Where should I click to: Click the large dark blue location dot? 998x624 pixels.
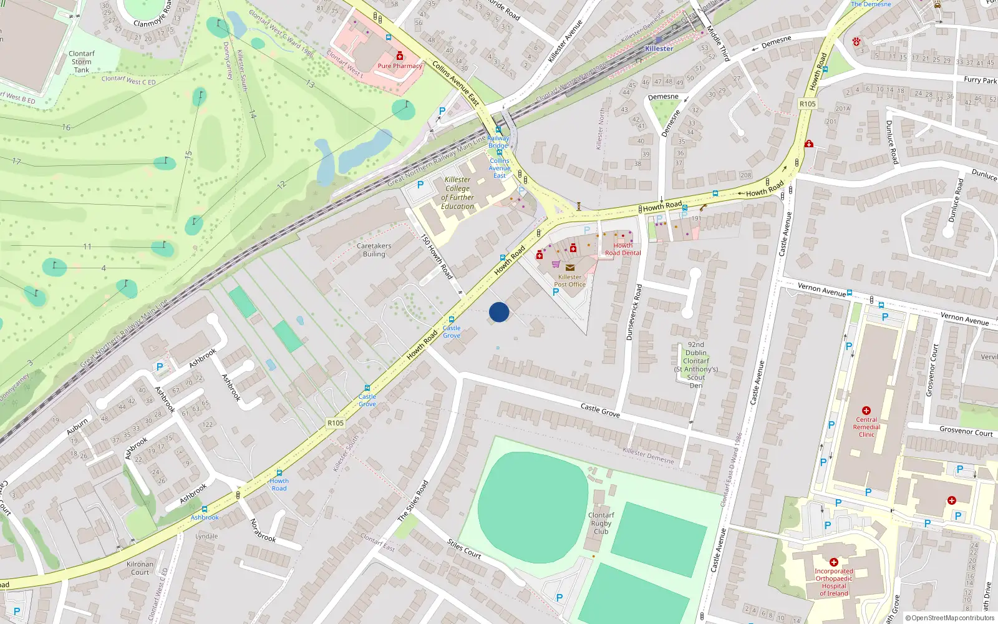point(499,312)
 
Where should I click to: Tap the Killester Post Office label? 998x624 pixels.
point(569,281)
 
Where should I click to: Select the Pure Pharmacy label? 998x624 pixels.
point(400,66)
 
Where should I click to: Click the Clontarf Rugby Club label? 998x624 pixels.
point(601,524)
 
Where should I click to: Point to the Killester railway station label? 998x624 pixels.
point(659,49)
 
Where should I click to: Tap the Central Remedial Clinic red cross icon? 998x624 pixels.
point(866,411)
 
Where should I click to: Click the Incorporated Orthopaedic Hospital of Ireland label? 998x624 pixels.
point(834,582)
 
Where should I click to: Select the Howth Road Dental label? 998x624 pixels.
point(623,249)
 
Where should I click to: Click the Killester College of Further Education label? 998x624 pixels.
point(458,193)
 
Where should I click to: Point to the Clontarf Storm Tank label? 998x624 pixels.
point(81,62)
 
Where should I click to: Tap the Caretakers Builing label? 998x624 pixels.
point(374,250)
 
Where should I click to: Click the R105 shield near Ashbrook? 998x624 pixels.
point(336,423)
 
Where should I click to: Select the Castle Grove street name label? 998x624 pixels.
point(600,410)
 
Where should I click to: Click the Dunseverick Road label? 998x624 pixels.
point(634,312)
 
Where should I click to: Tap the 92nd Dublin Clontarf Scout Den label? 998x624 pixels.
point(696,365)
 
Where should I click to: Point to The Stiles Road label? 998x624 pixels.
point(413,500)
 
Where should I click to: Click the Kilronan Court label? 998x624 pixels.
point(140,568)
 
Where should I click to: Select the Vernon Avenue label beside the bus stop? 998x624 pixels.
point(821,290)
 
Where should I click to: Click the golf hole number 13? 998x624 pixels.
point(310,84)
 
